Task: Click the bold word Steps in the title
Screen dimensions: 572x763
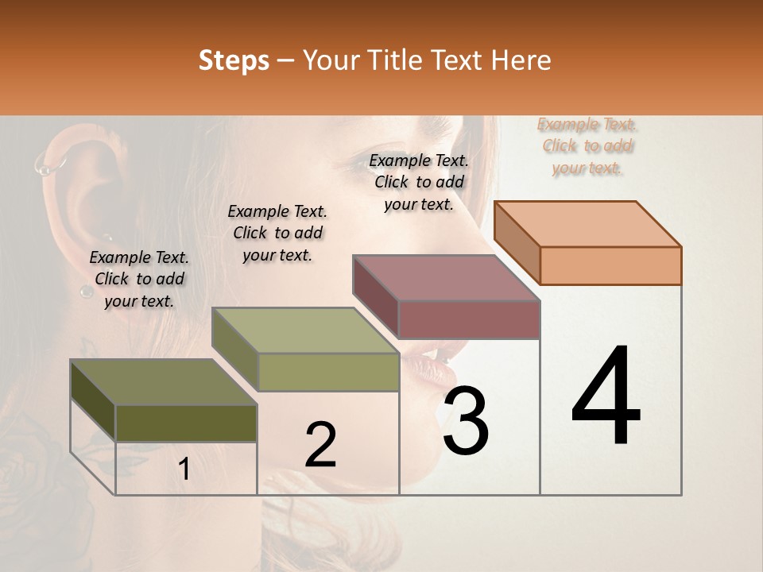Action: click(234, 60)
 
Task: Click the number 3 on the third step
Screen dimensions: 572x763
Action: click(466, 421)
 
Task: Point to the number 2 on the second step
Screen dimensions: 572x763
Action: click(320, 445)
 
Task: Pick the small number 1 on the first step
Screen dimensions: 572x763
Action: click(184, 470)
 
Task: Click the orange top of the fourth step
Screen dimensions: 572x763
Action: click(587, 223)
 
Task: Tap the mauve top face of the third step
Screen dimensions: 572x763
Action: click(445, 278)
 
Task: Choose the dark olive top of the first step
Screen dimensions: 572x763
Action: click(163, 382)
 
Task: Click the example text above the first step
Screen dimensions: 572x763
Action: click(139, 279)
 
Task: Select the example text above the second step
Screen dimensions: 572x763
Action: click(277, 233)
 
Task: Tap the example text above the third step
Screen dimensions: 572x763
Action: click(419, 182)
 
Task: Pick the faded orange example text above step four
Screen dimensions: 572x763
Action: click(587, 145)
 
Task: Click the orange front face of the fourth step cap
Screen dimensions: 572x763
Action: click(610, 265)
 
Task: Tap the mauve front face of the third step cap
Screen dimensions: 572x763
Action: click(469, 319)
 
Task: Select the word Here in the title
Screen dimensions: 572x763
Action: click(525, 60)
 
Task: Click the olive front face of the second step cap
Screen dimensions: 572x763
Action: click(328, 372)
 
